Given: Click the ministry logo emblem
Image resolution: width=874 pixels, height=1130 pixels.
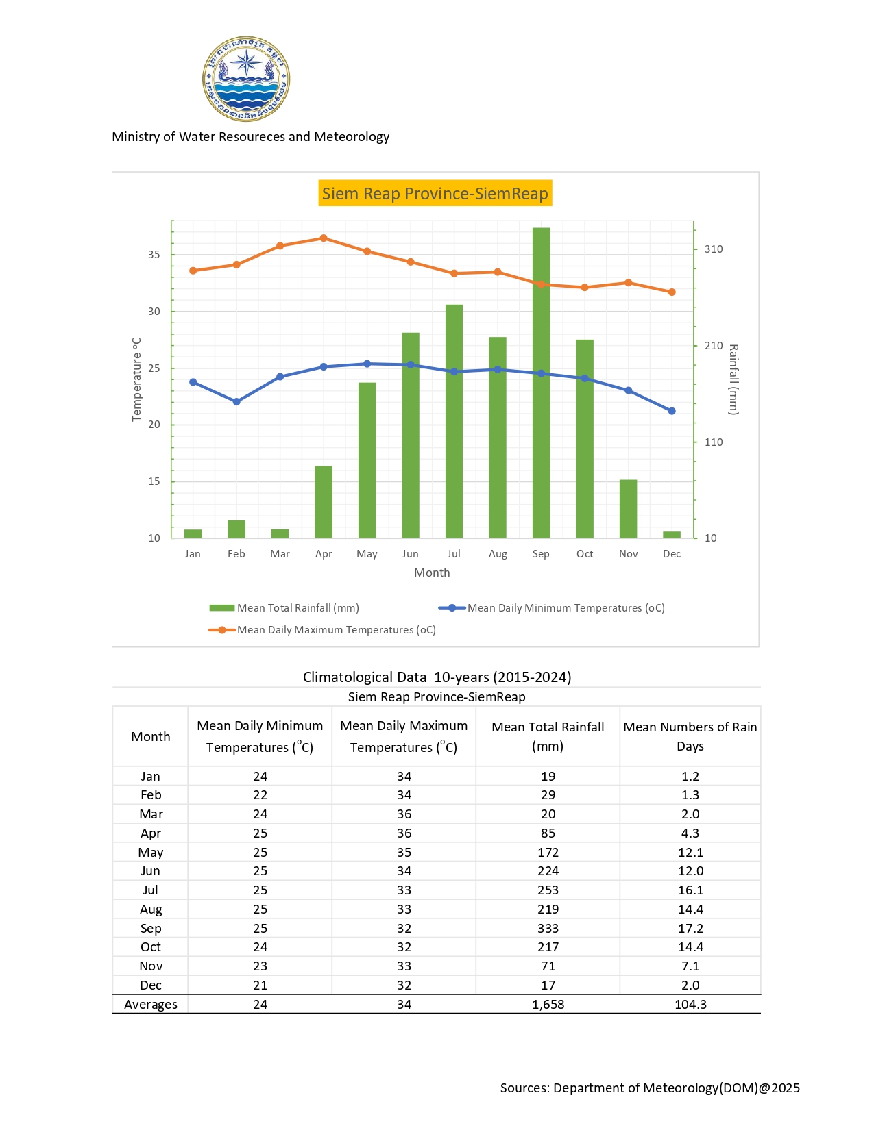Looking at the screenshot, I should click(246, 79).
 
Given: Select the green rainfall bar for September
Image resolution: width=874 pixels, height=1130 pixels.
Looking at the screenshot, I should click(541, 384).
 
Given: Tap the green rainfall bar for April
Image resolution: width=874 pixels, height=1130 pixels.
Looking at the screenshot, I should click(324, 502).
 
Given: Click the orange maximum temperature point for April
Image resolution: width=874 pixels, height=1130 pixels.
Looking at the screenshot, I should click(324, 238).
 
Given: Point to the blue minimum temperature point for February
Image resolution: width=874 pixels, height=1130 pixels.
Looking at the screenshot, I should click(236, 402).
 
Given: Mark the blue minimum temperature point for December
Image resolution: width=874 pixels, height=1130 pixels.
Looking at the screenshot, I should click(672, 411).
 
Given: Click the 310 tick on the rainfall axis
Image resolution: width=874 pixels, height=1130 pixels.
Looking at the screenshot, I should click(714, 249).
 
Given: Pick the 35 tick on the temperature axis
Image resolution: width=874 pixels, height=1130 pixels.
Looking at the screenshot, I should click(154, 255).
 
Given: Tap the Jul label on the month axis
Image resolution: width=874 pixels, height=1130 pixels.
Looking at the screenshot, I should click(454, 554).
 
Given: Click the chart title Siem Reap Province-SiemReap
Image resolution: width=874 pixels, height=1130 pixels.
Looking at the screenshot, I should click(435, 194).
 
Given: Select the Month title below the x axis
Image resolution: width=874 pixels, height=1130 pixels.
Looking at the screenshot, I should click(432, 573).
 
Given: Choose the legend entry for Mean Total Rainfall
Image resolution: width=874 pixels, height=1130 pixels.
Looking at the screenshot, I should click(284, 608).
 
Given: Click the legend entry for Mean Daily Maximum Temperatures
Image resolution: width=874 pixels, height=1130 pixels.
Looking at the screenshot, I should click(323, 630).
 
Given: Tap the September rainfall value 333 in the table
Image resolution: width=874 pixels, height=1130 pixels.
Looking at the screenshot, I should click(548, 929).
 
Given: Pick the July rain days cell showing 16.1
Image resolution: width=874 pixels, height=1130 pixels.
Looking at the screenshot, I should click(690, 890).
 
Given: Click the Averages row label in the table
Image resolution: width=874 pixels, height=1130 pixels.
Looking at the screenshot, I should click(151, 1005).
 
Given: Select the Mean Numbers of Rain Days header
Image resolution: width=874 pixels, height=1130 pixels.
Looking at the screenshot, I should click(690, 736).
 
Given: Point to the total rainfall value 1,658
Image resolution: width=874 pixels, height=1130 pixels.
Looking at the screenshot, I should click(548, 1005).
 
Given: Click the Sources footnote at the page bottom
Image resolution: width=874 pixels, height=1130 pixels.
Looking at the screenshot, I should click(650, 1088).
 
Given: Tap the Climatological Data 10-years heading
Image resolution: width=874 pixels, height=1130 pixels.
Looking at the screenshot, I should click(437, 677).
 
